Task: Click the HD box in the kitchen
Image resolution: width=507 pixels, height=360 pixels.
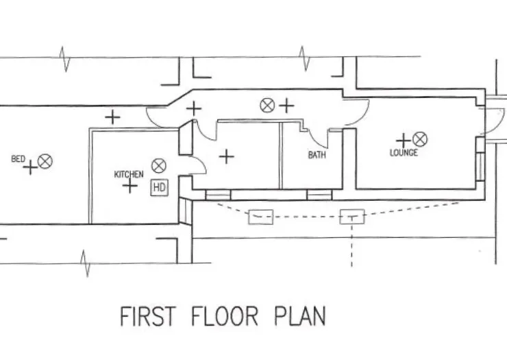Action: click(160, 187)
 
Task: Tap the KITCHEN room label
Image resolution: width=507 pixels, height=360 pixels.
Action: click(129, 174)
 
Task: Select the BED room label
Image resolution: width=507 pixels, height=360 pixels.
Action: click(18, 159)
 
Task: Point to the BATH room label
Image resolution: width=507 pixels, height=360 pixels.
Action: click(317, 155)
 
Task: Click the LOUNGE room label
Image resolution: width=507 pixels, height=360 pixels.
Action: click(404, 152)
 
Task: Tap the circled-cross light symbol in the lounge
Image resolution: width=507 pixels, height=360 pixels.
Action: click(420, 139)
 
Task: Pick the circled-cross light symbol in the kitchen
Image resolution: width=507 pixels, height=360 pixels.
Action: click(159, 166)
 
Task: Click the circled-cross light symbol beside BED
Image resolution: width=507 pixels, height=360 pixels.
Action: click(45, 162)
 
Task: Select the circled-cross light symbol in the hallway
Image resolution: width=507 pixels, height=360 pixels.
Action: click(267, 106)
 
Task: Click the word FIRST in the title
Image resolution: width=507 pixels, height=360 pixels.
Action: click(148, 316)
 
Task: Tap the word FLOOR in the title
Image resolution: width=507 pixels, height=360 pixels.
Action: click(225, 316)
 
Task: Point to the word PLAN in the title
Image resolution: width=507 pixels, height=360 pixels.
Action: click(299, 316)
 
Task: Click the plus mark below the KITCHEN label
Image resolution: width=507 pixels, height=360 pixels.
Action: click(130, 186)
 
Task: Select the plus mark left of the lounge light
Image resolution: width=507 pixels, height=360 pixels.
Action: click(404, 141)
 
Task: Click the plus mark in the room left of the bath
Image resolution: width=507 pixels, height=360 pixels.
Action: click(227, 157)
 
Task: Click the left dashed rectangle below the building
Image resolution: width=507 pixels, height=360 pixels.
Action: click(260, 217)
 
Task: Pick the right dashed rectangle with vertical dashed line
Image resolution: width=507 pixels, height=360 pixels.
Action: click(352, 217)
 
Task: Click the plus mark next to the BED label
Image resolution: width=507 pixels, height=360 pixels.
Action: click(31, 168)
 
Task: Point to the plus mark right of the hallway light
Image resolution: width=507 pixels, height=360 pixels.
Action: click(286, 106)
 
